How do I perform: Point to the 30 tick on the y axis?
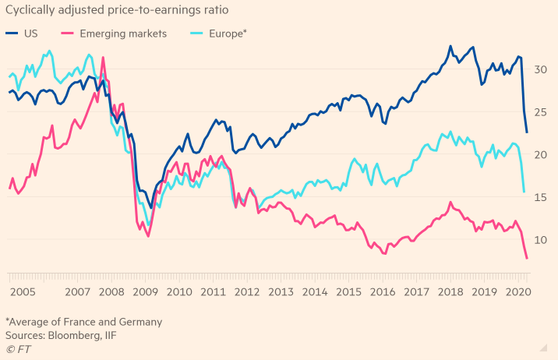[x=541, y=70]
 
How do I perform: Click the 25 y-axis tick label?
[x=541, y=112]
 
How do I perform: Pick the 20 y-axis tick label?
[x=541, y=155]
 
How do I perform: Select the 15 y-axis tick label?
[x=541, y=198]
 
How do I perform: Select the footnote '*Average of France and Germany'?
[x=83, y=321]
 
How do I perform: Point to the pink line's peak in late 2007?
[x=103, y=57]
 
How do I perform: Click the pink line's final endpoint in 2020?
[x=527, y=258]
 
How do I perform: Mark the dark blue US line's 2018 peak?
[x=450, y=47]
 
